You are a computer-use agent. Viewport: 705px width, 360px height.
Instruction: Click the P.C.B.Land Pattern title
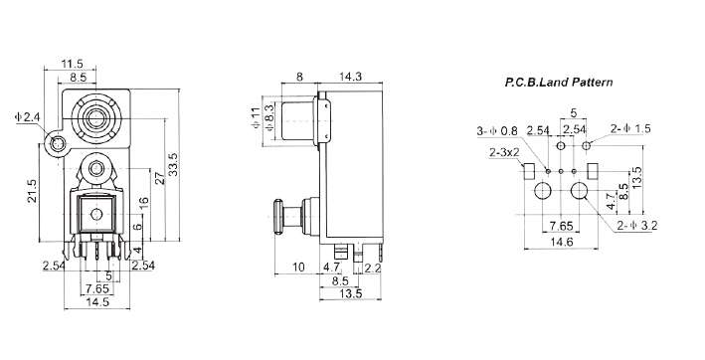click(559, 83)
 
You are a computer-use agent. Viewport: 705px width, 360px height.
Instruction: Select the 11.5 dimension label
click(72, 64)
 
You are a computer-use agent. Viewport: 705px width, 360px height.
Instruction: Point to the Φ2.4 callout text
click(28, 117)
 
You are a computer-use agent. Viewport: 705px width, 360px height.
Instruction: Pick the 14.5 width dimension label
click(97, 301)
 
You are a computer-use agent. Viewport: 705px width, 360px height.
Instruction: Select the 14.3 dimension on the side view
click(350, 77)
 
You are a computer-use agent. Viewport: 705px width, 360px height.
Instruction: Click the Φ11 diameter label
click(255, 117)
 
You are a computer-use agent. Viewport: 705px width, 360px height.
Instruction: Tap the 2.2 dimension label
click(372, 269)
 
